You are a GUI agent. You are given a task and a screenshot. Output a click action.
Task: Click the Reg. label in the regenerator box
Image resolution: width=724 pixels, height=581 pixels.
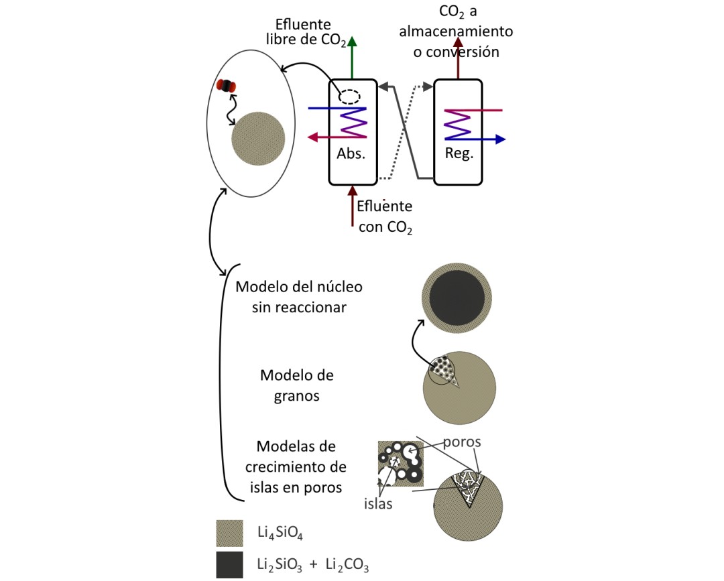click(459, 152)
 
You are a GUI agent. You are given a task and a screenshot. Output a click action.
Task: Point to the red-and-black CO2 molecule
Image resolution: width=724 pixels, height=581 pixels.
click(228, 86)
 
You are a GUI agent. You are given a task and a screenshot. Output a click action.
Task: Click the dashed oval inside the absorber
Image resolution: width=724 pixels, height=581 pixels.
click(349, 96)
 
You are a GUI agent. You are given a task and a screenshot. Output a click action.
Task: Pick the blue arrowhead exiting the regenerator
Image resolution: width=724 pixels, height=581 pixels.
click(500, 139)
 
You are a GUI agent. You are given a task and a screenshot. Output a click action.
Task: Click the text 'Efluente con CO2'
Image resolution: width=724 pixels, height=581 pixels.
click(384, 216)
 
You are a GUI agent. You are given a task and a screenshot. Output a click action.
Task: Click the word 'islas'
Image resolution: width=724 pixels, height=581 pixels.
click(379, 504)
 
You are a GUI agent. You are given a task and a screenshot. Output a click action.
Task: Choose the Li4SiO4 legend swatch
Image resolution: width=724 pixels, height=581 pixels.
click(229, 533)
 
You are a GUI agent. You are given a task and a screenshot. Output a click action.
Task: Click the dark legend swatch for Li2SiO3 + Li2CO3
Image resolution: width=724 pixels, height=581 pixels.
click(229, 565)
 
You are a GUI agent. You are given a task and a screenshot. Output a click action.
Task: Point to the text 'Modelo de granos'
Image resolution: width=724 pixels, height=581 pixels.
click(296, 385)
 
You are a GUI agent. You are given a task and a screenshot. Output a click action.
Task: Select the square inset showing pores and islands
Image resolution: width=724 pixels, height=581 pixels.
click(401, 463)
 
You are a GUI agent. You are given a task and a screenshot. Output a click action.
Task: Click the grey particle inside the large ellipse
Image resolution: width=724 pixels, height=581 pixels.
click(257, 137)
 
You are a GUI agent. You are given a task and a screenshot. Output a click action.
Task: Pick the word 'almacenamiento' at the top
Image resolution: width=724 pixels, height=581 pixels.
click(457, 31)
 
